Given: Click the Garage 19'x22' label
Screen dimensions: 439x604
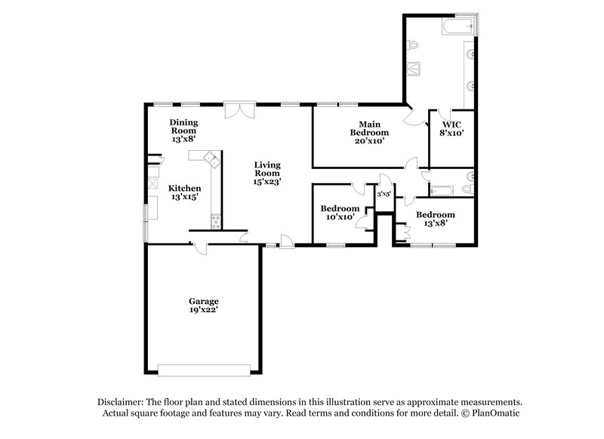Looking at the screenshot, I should click(x=203, y=305).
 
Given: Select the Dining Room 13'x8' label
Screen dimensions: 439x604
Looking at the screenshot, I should click(x=183, y=130).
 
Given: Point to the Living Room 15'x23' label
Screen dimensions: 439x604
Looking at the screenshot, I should click(x=267, y=173).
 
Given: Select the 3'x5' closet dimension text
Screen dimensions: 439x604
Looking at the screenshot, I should click(x=384, y=195).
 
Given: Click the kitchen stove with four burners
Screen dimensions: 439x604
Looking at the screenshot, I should click(x=217, y=221).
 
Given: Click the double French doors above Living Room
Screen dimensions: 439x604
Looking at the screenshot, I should click(x=240, y=110).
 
